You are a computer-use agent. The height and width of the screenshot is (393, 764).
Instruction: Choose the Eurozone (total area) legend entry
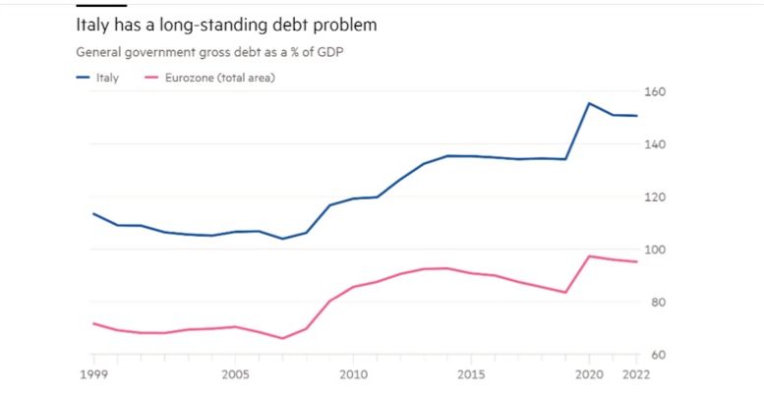pyautogui.click(x=212, y=77)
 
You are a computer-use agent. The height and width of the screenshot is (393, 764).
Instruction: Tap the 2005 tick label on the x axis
pyautogui.click(x=234, y=374)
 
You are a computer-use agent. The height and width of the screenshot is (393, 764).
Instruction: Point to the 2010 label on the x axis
pyautogui.click(x=352, y=374)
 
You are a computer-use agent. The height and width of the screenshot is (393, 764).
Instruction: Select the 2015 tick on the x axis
pyautogui.click(x=471, y=374)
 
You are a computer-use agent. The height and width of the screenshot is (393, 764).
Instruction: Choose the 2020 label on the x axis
pyautogui.click(x=589, y=374)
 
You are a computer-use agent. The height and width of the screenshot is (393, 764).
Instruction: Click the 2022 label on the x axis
pyautogui.click(x=635, y=374)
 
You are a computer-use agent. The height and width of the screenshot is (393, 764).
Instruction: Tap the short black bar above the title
pyautogui.click(x=101, y=5)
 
